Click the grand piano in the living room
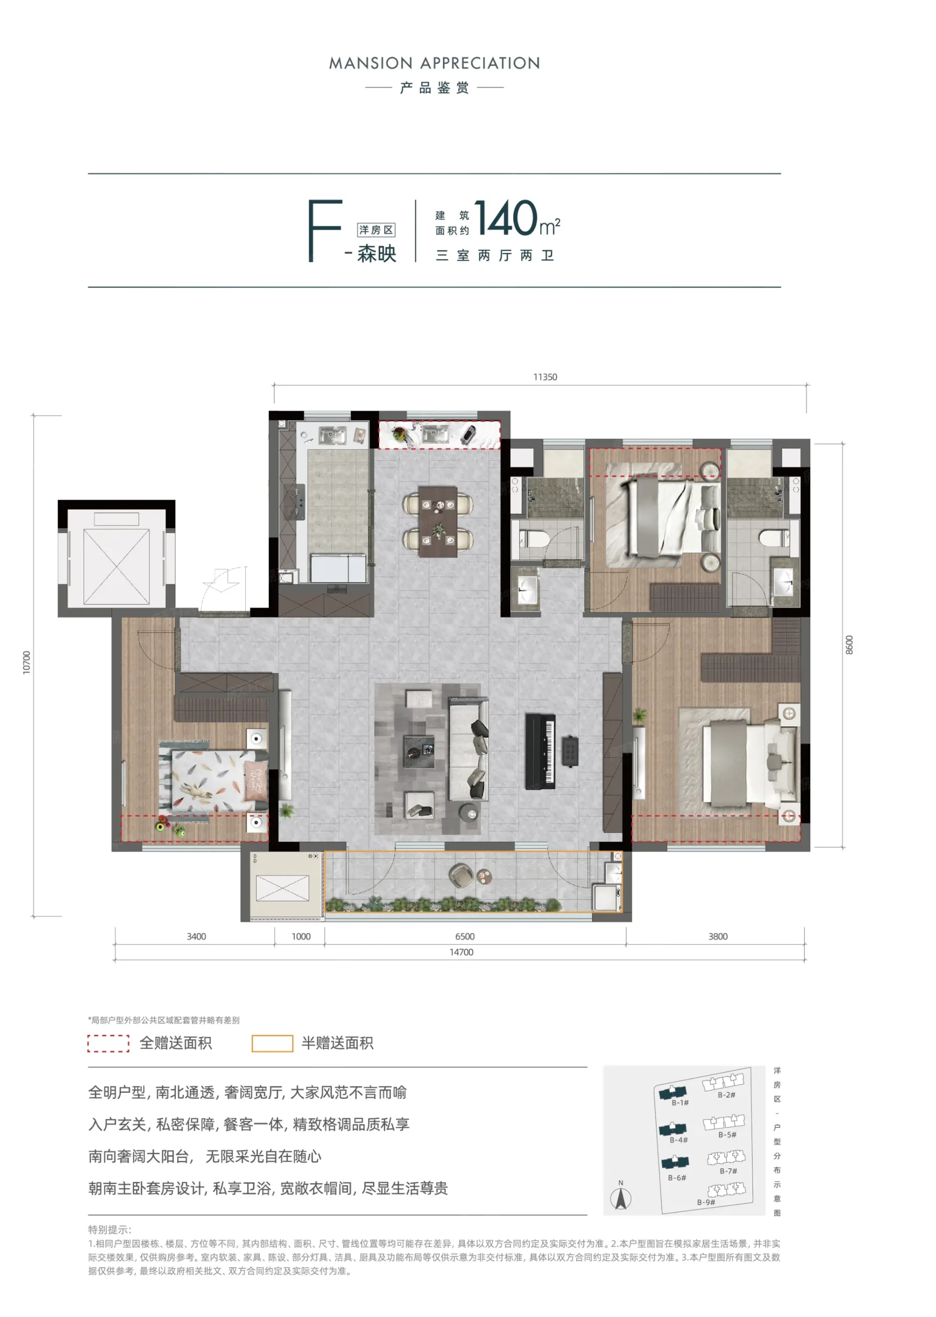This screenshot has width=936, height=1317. (x=540, y=751)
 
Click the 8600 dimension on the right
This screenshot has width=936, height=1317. (x=849, y=644)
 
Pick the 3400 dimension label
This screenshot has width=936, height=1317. (x=196, y=936)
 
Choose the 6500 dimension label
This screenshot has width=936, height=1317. (x=464, y=936)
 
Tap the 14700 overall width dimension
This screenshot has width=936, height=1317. (x=461, y=952)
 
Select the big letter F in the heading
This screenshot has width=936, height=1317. (x=325, y=231)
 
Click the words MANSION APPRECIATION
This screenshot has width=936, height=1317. (x=434, y=63)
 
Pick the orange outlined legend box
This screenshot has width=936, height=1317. (x=272, y=1044)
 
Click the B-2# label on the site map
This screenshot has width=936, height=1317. (x=726, y=1094)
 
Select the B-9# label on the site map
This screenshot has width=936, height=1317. (x=706, y=1202)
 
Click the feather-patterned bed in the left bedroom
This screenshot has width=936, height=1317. (x=214, y=780)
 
